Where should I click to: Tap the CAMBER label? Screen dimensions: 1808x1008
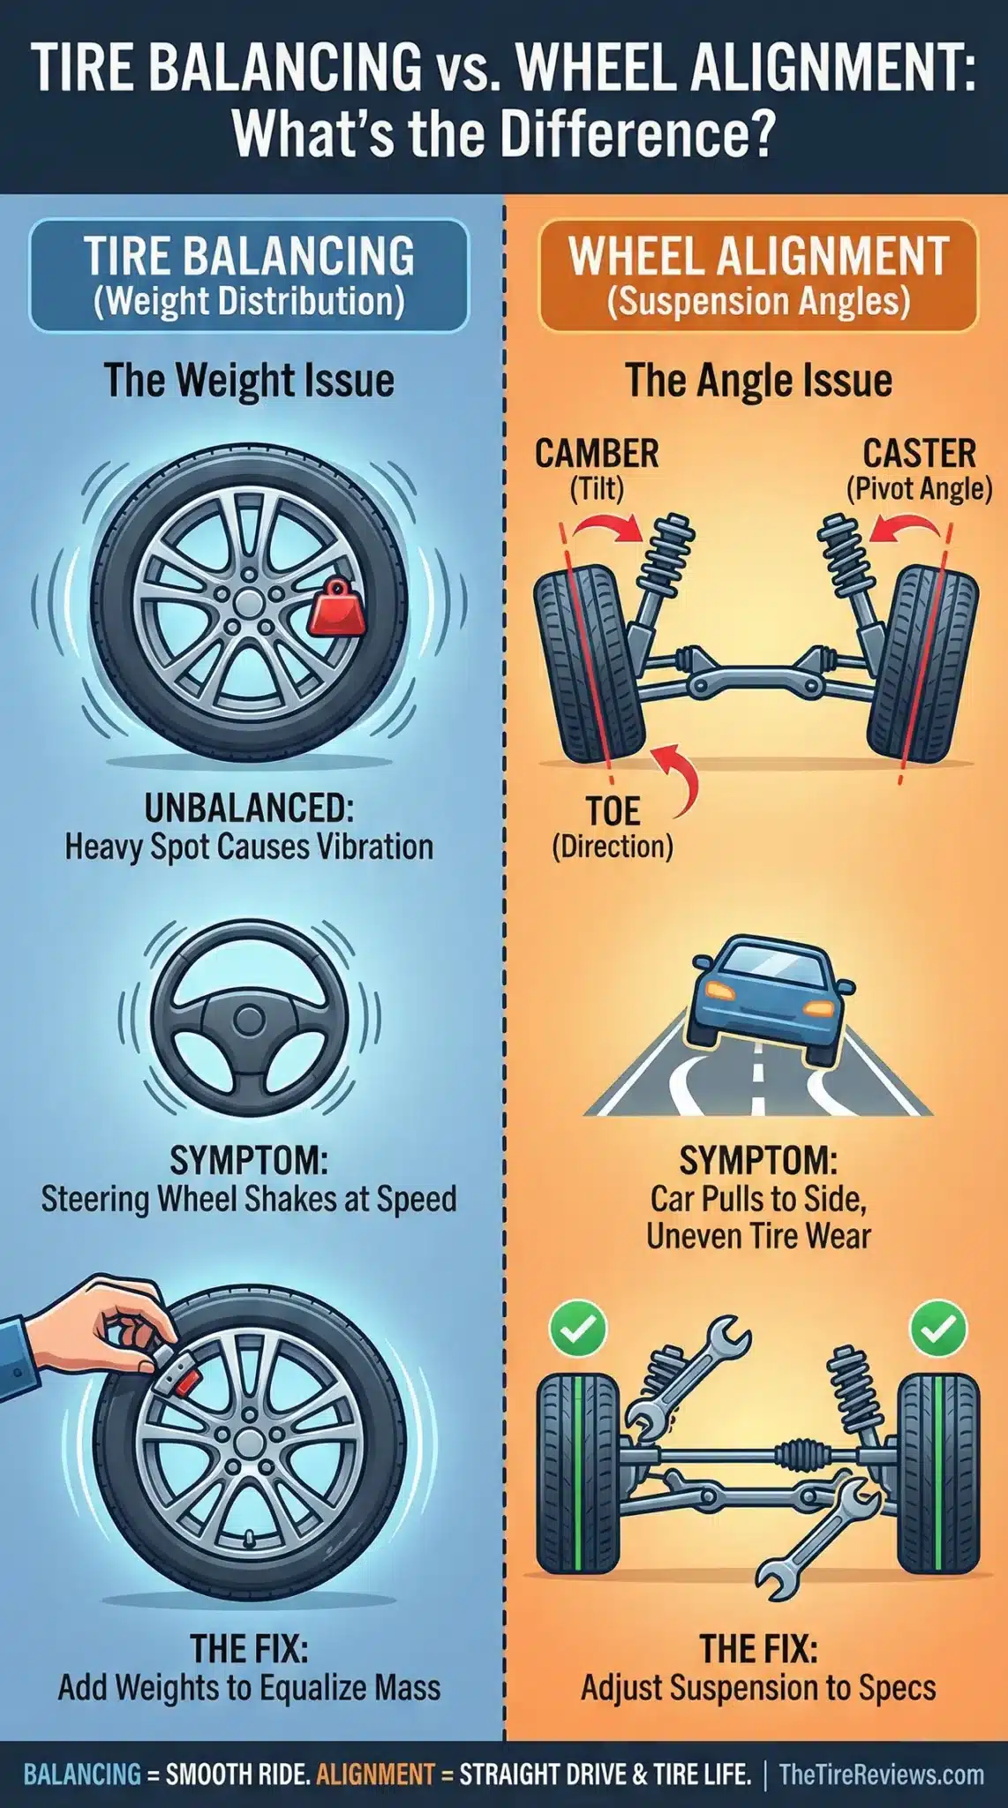tap(597, 454)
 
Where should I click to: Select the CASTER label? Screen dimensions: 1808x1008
tap(919, 454)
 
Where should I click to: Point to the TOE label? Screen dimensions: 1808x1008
tap(613, 810)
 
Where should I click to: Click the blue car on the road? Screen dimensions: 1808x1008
tap(764, 998)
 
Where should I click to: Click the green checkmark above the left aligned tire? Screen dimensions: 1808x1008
tap(578, 1329)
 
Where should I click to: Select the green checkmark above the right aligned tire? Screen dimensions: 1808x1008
tap(938, 1329)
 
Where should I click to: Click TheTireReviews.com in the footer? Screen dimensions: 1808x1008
tap(881, 1774)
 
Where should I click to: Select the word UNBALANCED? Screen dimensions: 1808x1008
tap(249, 808)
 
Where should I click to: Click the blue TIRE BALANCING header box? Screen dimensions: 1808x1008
tap(249, 275)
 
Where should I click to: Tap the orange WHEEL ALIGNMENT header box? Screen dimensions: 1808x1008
tap(758, 275)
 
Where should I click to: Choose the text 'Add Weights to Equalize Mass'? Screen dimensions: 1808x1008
tap(249, 1688)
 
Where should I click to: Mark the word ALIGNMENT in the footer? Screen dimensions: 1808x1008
tap(375, 1774)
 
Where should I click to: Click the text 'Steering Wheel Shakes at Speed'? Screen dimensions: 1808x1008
tap(249, 1199)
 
